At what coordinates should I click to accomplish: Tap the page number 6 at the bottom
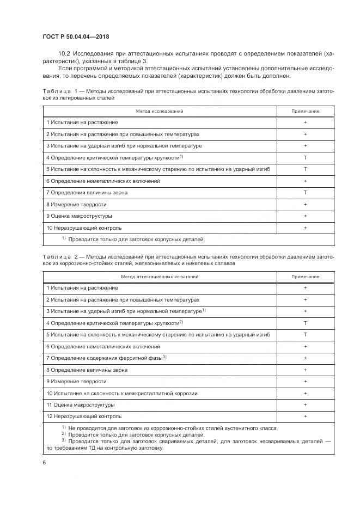pos(44,462)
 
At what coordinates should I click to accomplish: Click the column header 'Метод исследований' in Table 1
pos(159,111)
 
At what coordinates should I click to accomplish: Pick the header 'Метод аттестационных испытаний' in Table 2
pos(159,277)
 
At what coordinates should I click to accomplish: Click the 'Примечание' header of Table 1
pos(305,111)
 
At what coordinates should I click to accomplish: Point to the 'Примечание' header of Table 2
pos(305,277)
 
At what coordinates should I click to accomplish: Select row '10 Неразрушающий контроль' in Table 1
pos(84,228)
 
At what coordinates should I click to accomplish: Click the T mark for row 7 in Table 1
pos(305,193)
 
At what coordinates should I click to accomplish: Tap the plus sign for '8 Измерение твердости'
pos(305,205)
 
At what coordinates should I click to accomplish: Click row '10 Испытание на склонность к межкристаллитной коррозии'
pos(121,393)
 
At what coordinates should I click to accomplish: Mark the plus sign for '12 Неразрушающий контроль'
pos(305,416)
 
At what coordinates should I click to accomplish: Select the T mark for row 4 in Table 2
pos(305,323)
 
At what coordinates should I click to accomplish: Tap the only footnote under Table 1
pos(133,239)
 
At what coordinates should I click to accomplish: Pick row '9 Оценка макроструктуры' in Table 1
pos(80,216)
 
